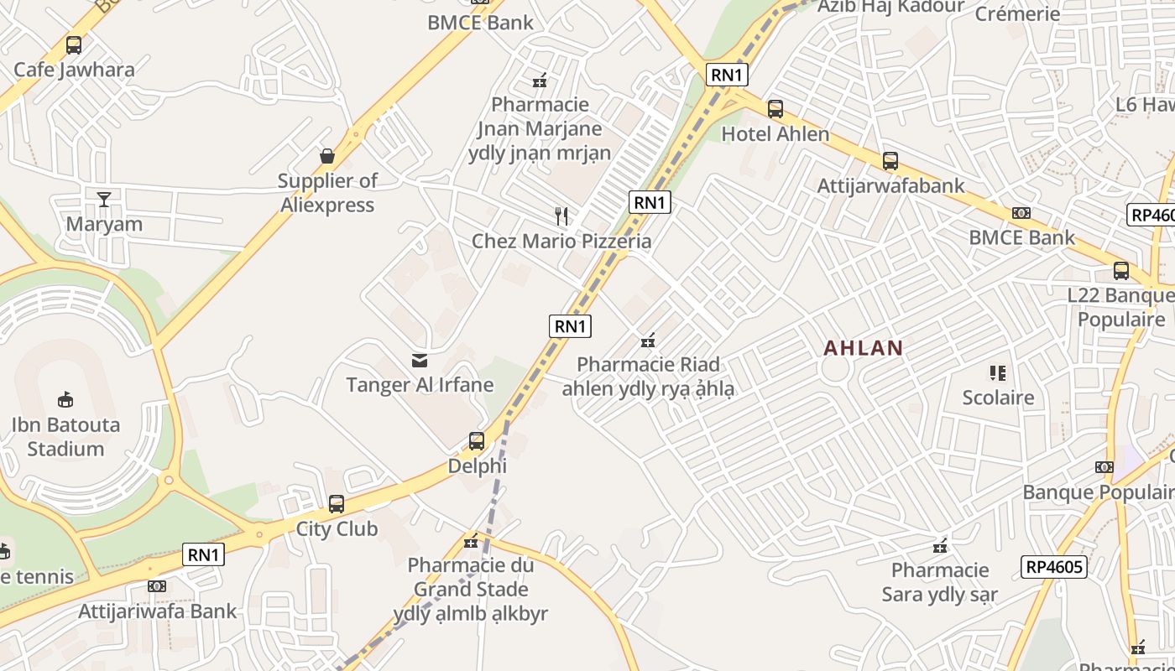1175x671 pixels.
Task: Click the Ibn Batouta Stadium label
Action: pos(65,436)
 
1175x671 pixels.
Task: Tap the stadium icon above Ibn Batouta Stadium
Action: pos(65,399)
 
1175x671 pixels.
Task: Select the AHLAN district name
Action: pos(863,348)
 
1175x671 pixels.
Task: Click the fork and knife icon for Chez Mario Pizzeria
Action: pos(561,216)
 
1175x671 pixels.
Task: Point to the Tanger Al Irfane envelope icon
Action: pos(420,361)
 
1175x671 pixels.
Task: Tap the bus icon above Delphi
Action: pos(477,440)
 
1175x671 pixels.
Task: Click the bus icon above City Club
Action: pos(337,504)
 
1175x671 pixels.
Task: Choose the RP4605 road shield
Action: pos(1055,567)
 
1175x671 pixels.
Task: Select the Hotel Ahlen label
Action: pos(775,134)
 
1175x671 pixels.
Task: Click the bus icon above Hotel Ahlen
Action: pos(775,109)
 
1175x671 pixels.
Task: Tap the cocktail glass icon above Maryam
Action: pos(104,199)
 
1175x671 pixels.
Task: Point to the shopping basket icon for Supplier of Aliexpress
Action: pos(327,156)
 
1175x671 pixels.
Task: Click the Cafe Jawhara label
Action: pos(74,70)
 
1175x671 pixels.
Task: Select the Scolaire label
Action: pos(998,397)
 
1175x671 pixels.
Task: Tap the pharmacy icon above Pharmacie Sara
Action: pos(940,546)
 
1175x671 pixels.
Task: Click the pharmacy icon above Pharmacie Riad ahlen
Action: pos(648,340)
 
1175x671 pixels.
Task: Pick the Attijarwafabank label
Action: pos(890,185)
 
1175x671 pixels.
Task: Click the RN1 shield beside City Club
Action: pos(204,554)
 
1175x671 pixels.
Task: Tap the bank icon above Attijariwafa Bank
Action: pos(157,586)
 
